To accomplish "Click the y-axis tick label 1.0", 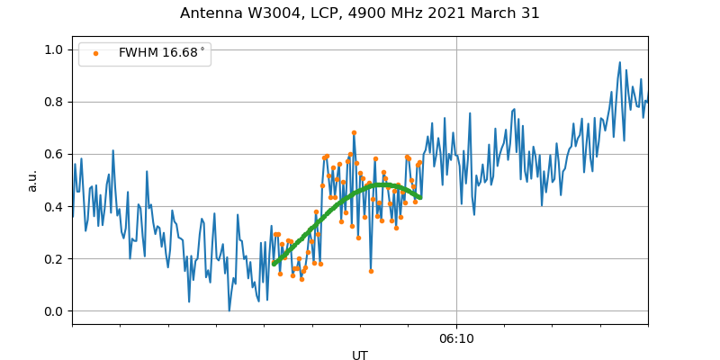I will (55, 49).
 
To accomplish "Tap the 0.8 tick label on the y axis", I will (55, 102).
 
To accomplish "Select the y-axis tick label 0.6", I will (55, 154).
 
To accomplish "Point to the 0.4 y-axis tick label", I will (55, 207).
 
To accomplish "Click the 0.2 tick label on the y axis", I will (55, 259).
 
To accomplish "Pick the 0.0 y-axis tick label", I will (55, 311).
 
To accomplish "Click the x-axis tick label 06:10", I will (456, 338).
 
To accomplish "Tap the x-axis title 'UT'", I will (360, 355).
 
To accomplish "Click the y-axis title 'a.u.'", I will (32, 180).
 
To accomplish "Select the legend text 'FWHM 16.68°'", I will (162, 53).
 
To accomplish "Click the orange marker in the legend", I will (95, 53).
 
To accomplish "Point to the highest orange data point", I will (354, 132).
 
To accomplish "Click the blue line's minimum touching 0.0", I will (229, 310).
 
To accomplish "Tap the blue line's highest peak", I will (620, 62).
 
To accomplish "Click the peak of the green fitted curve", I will (382, 184).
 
